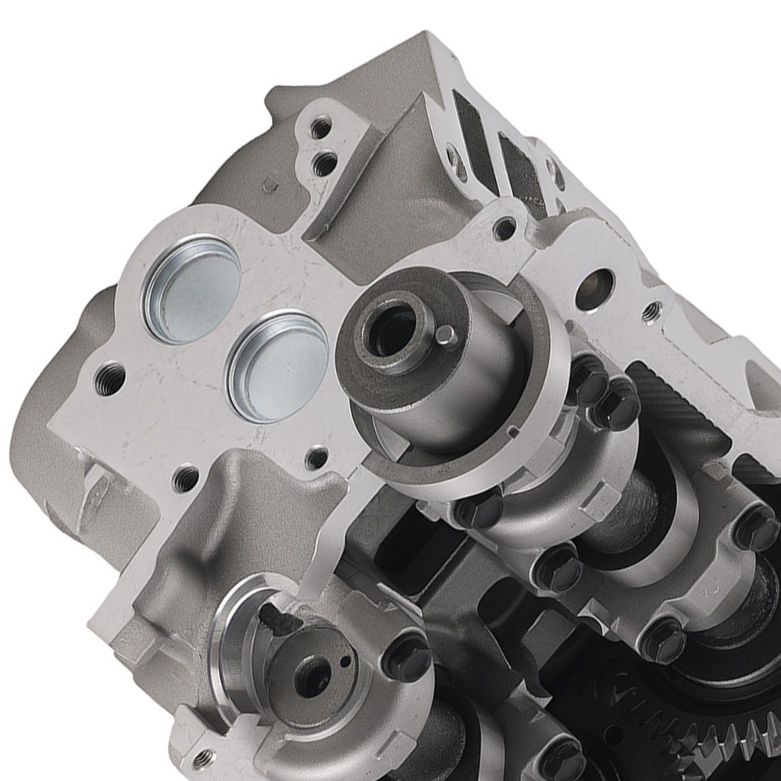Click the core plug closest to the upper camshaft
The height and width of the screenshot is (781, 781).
pyautogui.click(x=278, y=366)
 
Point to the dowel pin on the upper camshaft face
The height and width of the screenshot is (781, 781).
pyautogui.click(x=445, y=335)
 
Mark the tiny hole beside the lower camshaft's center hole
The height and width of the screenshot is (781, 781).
pyautogui.click(x=345, y=662)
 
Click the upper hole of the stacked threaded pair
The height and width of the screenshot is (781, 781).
pyautogui.click(x=319, y=127)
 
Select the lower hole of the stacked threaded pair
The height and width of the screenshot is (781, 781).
pyautogui.click(x=325, y=164)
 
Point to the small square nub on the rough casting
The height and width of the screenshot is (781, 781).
pyautogui.click(x=270, y=185)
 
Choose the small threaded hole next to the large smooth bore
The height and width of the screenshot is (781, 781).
pyautogui.click(x=651, y=312)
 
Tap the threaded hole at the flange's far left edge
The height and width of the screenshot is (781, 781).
pyautogui.click(x=110, y=380)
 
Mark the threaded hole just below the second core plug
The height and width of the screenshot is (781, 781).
pyautogui.click(x=316, y=458)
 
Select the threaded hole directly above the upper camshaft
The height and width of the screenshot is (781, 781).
pyautogui.click(x=505, y=228)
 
